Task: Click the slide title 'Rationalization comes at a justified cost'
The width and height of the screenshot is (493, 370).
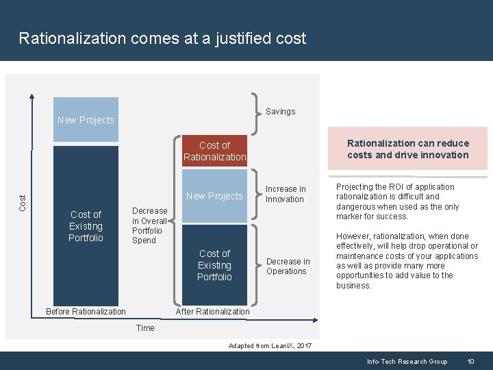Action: click(162, 38)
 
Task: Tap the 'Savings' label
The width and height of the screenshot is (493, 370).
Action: click(280, 111)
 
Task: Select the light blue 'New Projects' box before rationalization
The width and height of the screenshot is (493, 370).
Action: click(86, 120)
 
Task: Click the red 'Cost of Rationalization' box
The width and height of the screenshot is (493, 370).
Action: click(214, 151)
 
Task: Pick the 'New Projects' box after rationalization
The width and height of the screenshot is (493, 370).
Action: click(214, 196)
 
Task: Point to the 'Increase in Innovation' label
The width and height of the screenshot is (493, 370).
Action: click(285, 194)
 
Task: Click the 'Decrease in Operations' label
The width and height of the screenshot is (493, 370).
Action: click(288, 266)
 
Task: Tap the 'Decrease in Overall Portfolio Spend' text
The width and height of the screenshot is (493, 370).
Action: click(149, 225)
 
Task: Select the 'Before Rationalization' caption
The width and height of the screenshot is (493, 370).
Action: click(86, 312)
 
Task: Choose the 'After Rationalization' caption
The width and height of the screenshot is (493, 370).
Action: click(213, 312)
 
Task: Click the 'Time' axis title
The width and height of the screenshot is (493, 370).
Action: click(145, 328)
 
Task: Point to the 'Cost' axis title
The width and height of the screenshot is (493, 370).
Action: click(23, 201)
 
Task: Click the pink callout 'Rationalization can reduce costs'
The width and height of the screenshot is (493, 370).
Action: click(408, 149)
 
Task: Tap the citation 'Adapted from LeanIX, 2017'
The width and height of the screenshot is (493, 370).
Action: click(270, 346)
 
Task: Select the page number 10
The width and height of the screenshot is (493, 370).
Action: click(470, 361)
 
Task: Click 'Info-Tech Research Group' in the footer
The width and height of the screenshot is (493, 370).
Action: click(407, 361)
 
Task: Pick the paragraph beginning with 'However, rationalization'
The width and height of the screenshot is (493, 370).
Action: click(407, 260)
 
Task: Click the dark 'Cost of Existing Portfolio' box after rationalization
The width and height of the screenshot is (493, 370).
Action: click(214, 265)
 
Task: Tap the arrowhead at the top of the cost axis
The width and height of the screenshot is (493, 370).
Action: click(31, 95)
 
